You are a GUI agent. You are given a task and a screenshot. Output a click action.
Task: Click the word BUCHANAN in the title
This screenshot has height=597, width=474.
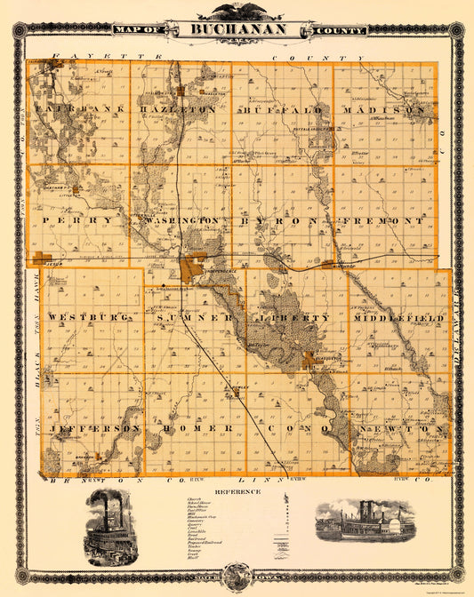coord(238,29)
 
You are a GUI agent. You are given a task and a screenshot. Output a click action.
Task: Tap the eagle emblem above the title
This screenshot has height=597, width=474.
coord(237,11)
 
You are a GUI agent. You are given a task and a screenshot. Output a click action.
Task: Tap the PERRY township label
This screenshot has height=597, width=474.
coord(82,219)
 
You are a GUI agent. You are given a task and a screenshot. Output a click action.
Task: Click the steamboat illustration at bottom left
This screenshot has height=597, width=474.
coord(111,525)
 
